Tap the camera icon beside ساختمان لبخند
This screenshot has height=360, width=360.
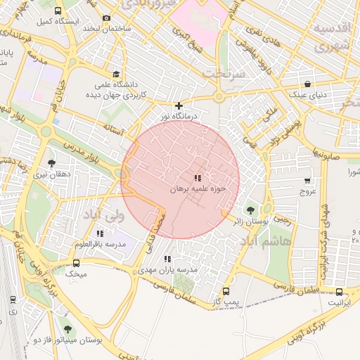(106, 18)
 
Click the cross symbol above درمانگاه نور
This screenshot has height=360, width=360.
(179, 105)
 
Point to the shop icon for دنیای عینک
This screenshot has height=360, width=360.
(307, 83)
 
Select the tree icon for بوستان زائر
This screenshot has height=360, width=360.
(251, 210)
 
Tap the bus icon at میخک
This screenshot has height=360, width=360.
(76, 263)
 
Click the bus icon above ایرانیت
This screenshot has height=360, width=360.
(340, 292)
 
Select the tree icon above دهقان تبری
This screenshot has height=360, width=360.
(51, 162)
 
